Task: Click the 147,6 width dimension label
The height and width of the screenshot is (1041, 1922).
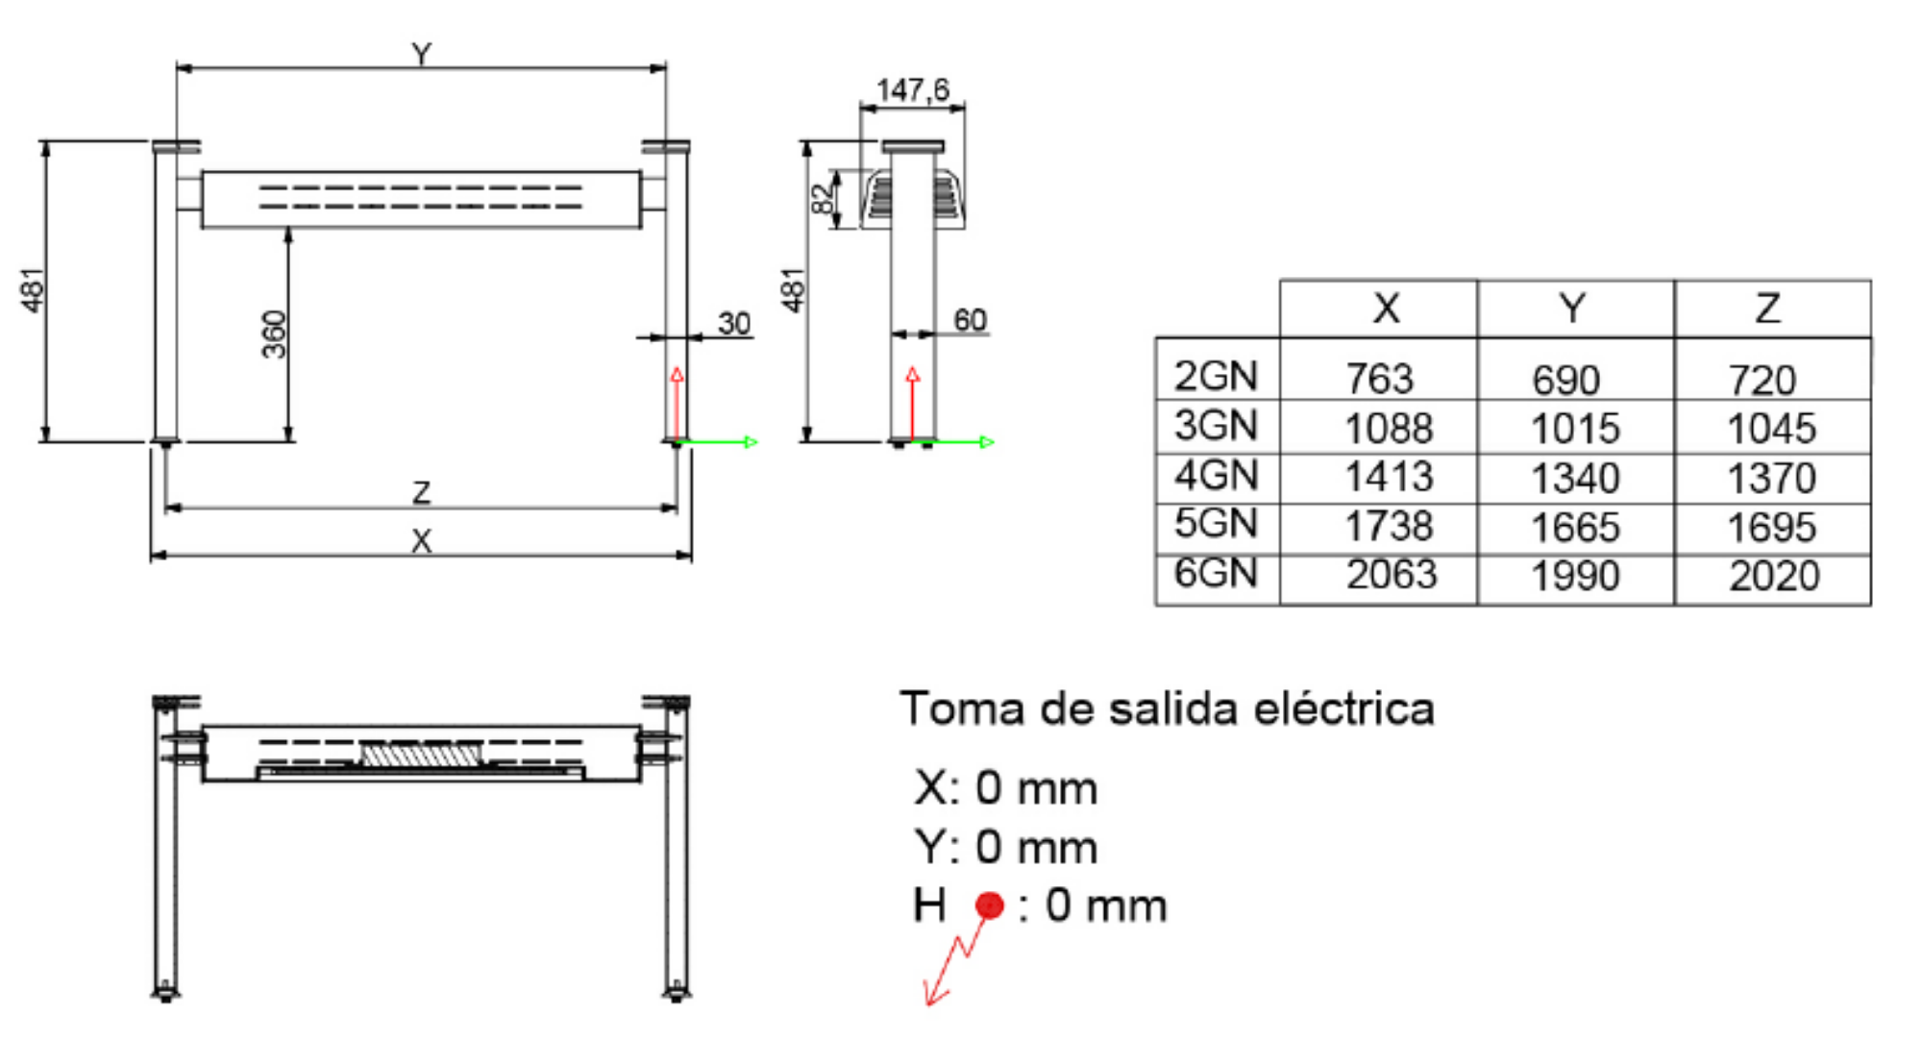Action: (912, 90)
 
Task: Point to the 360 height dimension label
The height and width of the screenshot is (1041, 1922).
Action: (275, 334)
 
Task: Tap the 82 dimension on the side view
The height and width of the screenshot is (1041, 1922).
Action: (822, 199)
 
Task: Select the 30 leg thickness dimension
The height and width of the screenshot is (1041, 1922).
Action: (734, 323)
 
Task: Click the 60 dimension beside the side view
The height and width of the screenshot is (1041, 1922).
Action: (970, 320)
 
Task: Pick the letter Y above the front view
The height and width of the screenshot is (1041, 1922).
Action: (421, 54)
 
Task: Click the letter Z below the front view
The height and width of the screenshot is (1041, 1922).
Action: (421, 493)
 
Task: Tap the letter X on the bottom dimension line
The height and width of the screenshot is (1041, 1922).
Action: (421, 542)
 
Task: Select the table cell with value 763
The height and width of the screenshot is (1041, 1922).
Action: (1379, 379)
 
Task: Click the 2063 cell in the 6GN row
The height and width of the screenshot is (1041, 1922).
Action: (1391, 575)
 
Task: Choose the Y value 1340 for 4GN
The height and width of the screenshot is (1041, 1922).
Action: (1575, 478)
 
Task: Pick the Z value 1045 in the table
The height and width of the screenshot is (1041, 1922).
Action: (1771, 429)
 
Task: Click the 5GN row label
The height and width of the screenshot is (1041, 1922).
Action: (1216, 524)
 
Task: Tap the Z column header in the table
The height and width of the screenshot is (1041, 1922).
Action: (1768, 309)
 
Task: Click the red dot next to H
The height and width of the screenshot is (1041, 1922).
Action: (989, 905)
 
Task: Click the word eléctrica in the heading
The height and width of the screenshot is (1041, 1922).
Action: (1344, 709)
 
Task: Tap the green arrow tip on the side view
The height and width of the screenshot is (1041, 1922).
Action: (987, 442)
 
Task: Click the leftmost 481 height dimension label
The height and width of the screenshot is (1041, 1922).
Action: (33, 289)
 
